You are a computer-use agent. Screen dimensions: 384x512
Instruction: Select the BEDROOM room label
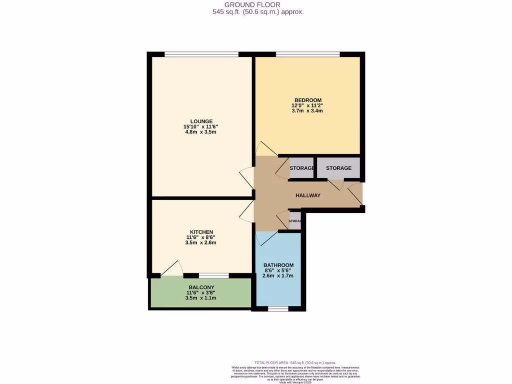click(307, 100)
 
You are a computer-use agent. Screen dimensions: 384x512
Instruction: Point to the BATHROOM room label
click(278, 265)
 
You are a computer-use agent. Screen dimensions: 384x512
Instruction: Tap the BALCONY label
click(200, 287)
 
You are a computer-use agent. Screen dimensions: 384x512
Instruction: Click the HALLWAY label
click(307, 195)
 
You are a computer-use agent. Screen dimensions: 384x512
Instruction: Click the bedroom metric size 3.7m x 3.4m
click(307, 111)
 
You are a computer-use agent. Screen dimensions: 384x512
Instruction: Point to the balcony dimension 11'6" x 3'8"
click(200, 293)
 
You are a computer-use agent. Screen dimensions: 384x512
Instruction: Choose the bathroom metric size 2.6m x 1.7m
click(278, 275)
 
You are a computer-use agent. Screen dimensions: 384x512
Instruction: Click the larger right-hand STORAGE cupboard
click(338, 168)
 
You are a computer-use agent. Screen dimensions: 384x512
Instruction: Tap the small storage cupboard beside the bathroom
click(295, 221)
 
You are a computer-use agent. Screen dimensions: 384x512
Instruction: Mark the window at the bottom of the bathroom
click(278, 309)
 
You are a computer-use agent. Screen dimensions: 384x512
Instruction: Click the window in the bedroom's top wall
click(307, 54)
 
